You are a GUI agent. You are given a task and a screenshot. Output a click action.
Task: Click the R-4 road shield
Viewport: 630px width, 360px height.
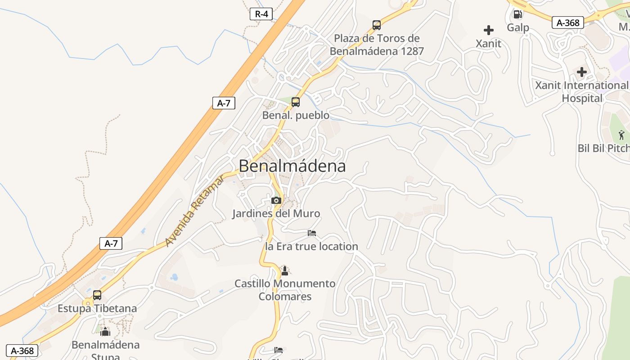261,14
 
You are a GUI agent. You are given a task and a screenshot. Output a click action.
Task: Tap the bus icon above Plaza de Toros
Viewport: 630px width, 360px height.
377,25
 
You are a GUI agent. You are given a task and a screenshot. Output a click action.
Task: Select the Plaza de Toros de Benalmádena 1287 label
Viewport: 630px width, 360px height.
377,45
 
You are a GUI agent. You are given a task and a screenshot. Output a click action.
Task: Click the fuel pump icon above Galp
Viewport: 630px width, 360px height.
518,14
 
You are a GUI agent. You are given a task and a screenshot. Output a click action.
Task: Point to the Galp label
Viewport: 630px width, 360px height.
518,27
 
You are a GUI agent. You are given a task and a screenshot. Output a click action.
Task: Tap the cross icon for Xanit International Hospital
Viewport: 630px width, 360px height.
582,72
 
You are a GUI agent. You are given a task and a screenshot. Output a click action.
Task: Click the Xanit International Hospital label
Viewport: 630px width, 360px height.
581,91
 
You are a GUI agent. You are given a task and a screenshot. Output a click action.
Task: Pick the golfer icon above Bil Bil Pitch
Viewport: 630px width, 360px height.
621,135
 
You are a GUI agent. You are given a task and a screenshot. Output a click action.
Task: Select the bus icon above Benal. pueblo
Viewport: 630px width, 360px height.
296,102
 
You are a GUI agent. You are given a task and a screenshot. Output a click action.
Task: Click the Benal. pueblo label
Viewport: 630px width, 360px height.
296,115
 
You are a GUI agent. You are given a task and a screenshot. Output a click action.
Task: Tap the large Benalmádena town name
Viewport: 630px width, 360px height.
292,166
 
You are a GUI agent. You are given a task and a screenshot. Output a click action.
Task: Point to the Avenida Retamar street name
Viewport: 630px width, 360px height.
194,211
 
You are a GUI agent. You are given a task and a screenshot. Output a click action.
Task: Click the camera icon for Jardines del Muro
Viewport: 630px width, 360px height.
276,200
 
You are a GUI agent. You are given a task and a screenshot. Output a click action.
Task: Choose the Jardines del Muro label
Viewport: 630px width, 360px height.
276,213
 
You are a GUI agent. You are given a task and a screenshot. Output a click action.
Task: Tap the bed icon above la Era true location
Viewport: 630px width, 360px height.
312,233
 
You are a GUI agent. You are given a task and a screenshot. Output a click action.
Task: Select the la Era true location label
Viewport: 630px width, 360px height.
312,246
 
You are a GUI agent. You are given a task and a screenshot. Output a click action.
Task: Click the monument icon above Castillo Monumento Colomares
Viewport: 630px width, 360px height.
284,270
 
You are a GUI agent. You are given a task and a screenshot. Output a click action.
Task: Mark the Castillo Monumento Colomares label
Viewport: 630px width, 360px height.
285,290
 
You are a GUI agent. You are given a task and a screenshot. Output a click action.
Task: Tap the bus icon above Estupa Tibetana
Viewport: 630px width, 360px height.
97,295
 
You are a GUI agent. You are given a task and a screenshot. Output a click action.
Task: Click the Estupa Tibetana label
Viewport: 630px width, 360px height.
97,309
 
